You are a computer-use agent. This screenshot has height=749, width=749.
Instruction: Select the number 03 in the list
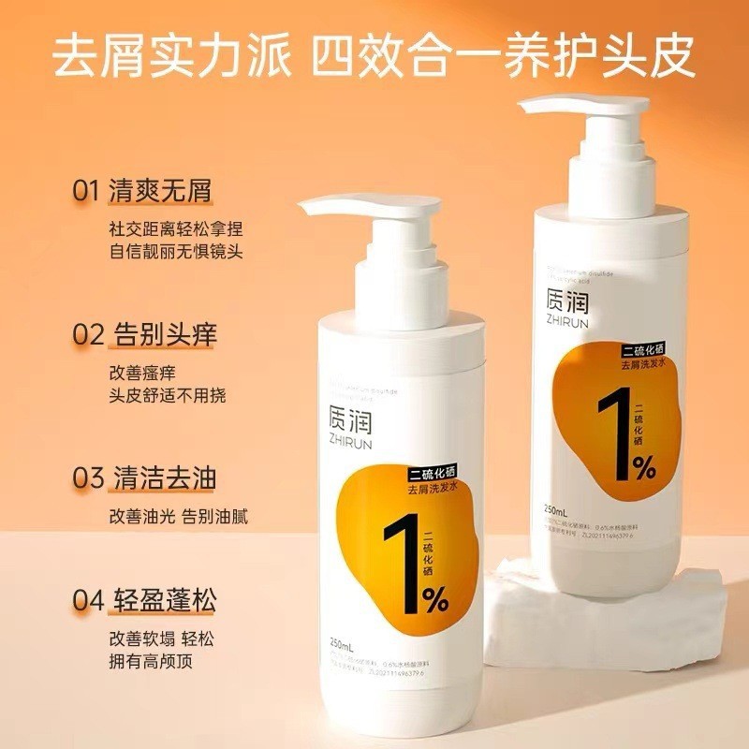87,477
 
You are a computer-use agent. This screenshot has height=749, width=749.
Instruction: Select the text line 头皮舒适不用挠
167,395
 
